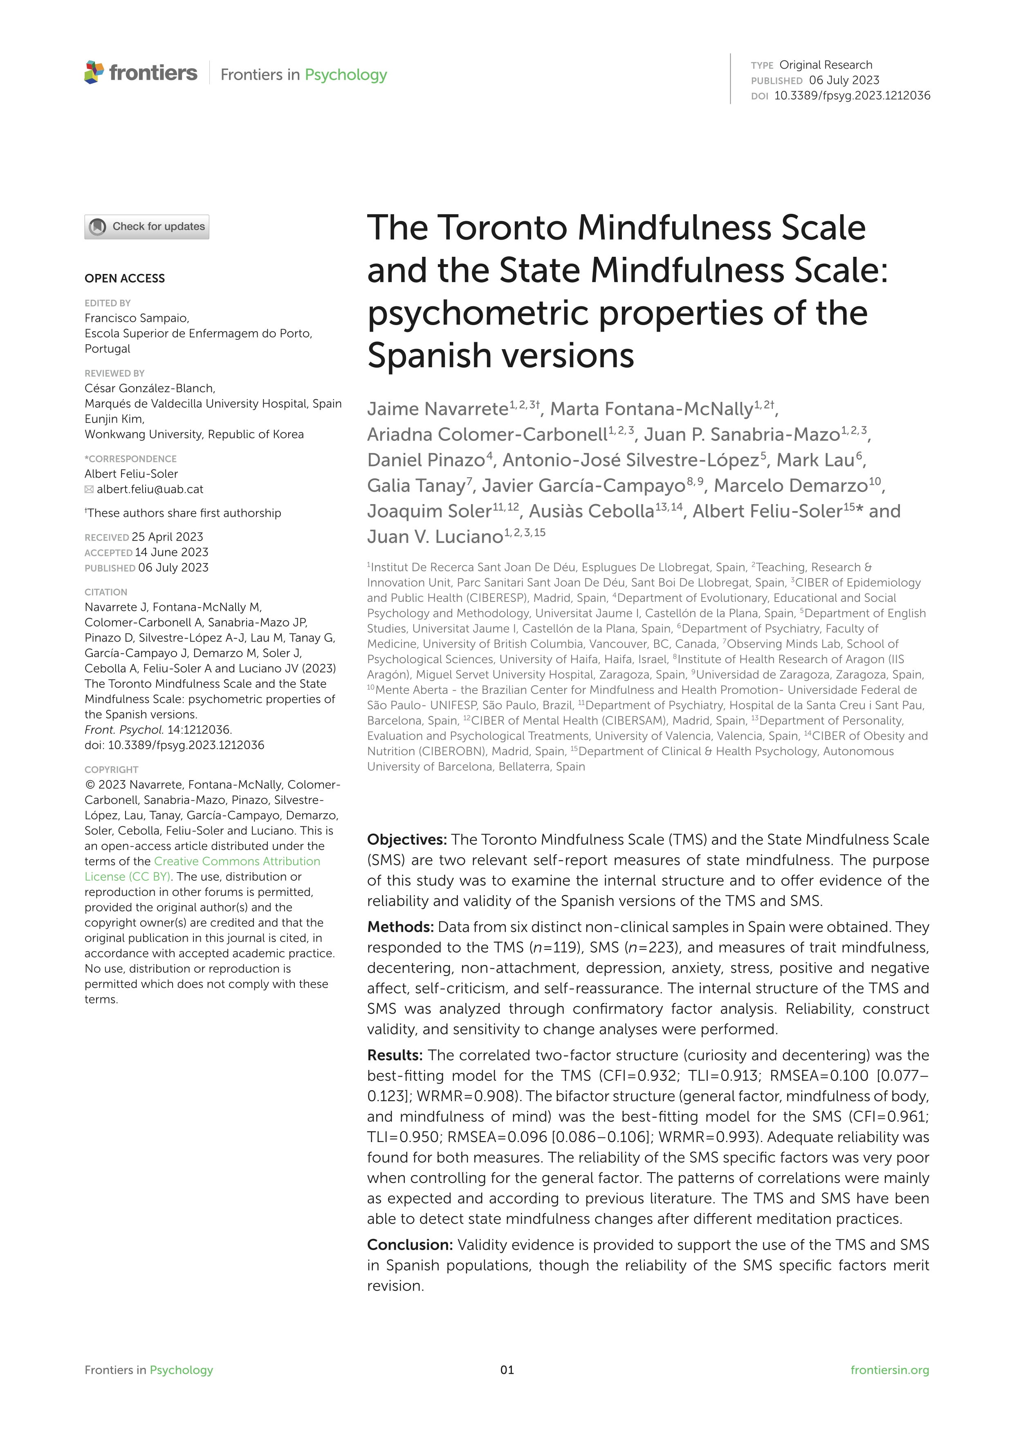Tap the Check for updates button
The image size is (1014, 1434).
click(x=147, y=227)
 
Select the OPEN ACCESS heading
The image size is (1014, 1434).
click(x=125, y=278)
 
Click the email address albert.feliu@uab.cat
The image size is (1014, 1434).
click(x=150, y=489)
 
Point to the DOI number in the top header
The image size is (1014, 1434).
click(x=852, y=96)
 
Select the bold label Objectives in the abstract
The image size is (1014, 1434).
click(x=406, y=839)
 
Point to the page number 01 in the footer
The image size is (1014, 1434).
click(x=507, y=1370)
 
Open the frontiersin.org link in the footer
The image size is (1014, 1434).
click(x=889, y=1370)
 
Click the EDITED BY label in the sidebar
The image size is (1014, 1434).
click(x=108, y=303)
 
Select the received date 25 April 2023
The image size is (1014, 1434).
click(x=167, y=537)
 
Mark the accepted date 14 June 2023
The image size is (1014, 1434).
click(x=172, y=552)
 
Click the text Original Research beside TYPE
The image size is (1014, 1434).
click(x=826, y=65)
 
